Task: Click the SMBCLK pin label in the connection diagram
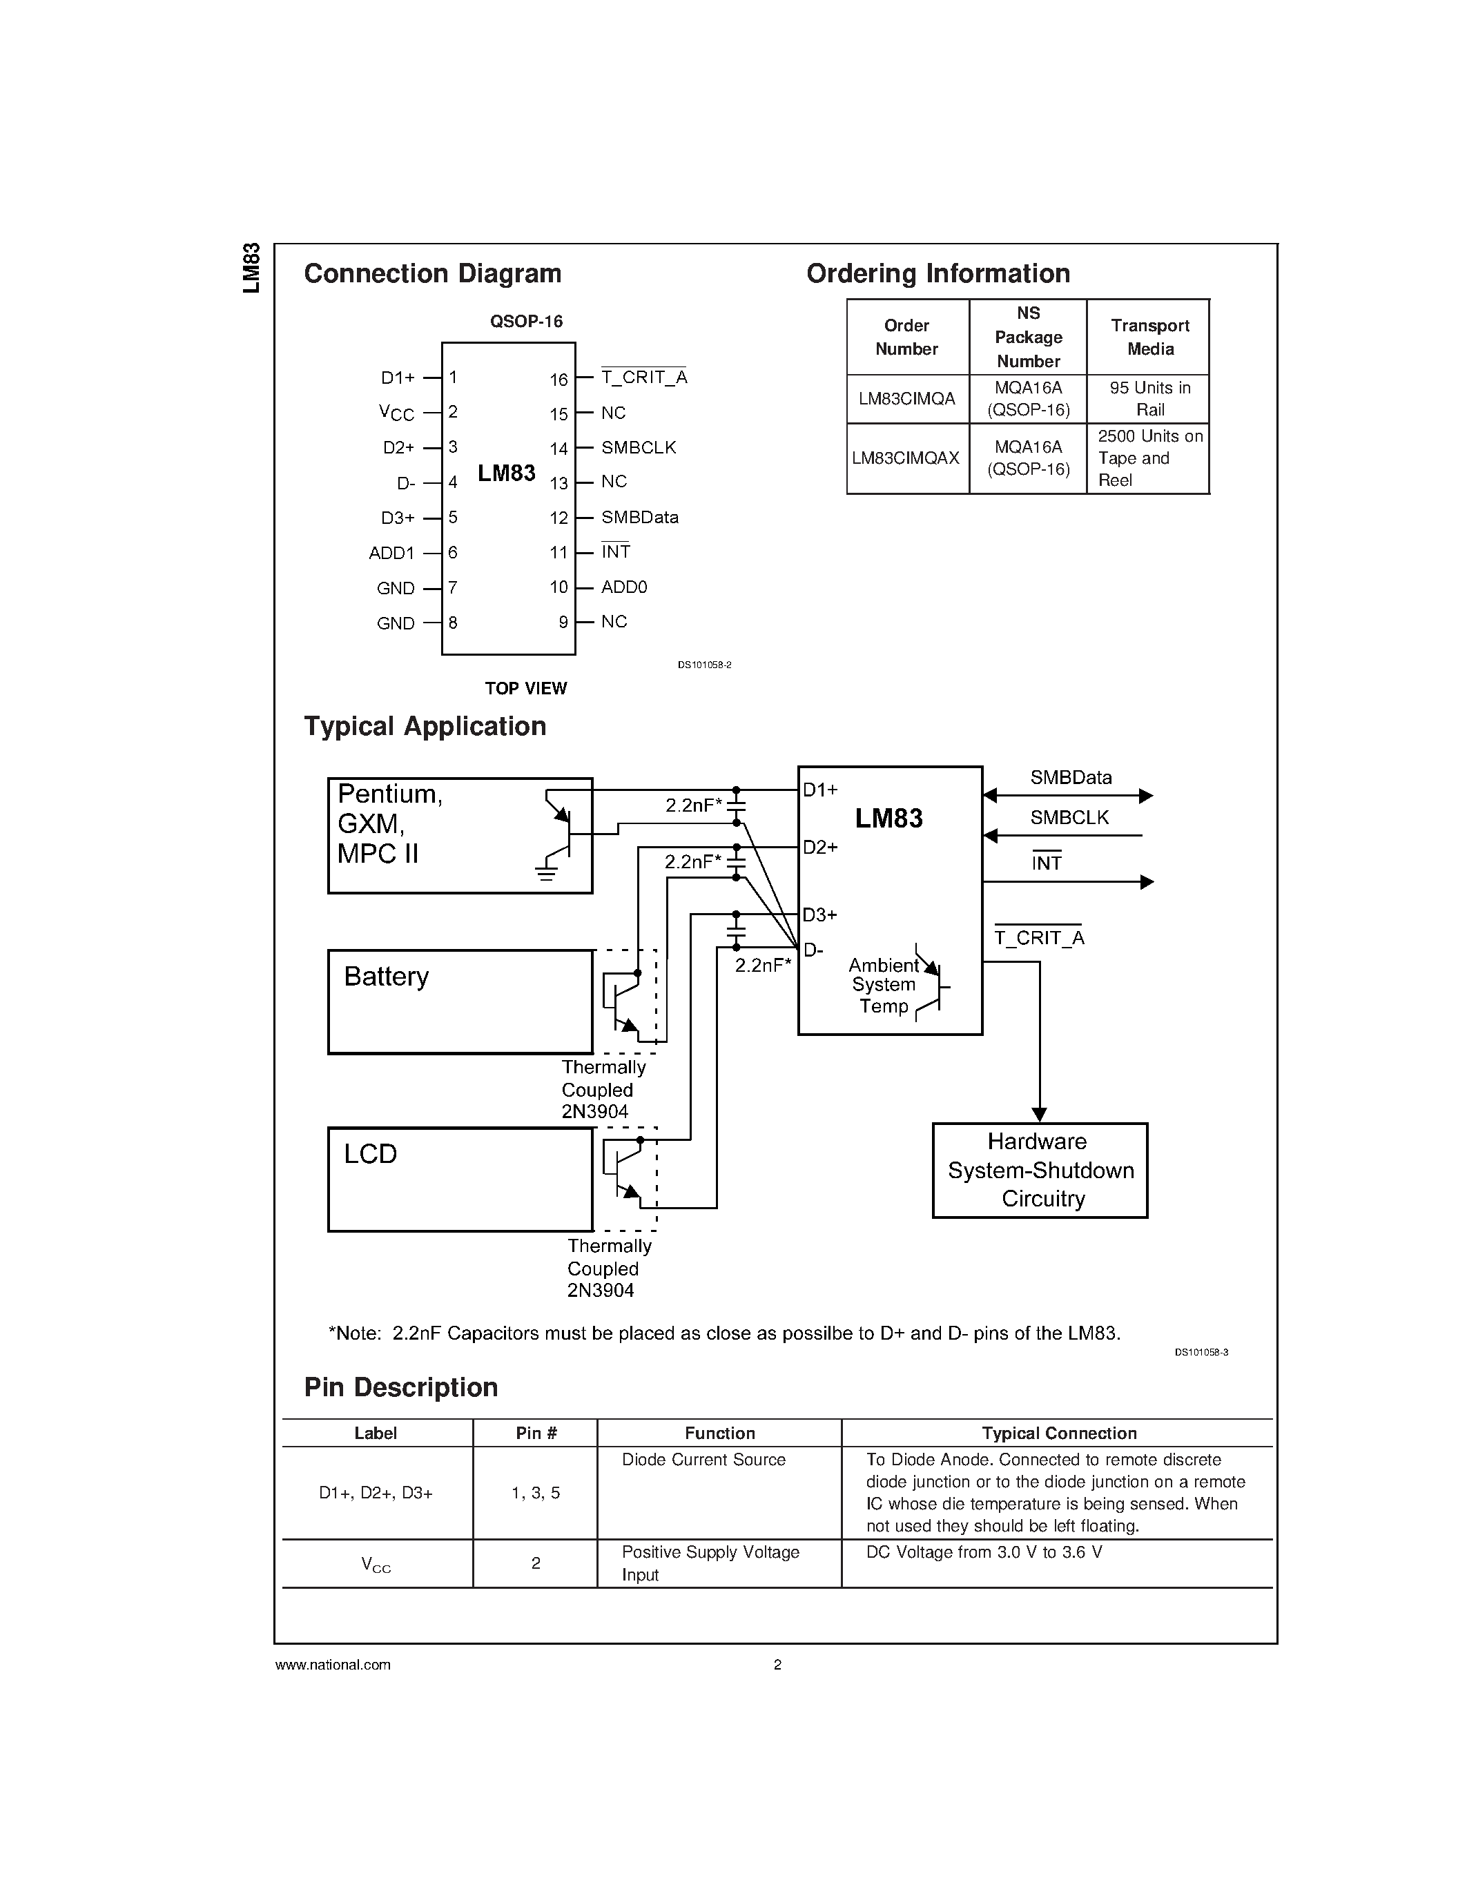pos(638,447)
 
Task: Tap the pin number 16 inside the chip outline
pos(558,380)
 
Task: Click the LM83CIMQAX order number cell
pos(906,458)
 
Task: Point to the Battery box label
pos(386,976)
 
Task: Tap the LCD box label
pos(370,1153)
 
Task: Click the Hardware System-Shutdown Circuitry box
pos(1040,1170)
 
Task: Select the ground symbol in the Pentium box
pos(546,872)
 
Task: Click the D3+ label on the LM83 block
pos(819,914)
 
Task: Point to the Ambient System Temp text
pos(883,986)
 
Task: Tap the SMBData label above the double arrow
pos(1071,777)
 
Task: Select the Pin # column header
pos(535,1433)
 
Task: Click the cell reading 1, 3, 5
pos(535,1493)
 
